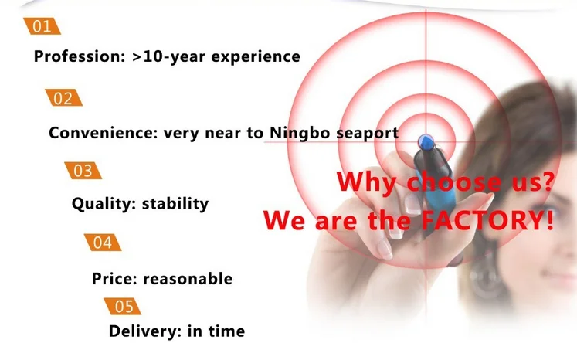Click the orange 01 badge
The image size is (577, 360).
(42, 26)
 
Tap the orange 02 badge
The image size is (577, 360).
(63, 98)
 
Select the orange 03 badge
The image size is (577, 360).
(83, 171)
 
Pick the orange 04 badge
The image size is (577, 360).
(103, 243)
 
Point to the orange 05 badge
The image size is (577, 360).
(122, 306)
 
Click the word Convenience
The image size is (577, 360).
(103, 133)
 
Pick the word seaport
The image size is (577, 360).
(367, 133)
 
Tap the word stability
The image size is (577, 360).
(175, 203)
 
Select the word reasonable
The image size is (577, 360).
(188, 279)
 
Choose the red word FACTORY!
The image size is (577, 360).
(487, 220)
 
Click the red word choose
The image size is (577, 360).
(453, 181)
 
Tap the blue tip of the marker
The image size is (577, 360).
(426, 142)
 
